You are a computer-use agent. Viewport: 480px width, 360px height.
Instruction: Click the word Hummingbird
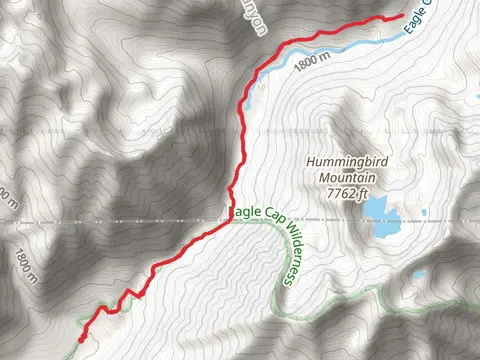346,159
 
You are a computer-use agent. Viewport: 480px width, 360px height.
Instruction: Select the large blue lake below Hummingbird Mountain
381,214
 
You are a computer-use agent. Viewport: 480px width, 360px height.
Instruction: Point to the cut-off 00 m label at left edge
8,194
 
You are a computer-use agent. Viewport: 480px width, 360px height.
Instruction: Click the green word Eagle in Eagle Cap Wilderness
247,212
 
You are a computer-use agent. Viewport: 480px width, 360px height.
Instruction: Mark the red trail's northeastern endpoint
402,15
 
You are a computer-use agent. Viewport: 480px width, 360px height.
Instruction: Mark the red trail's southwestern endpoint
80,339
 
